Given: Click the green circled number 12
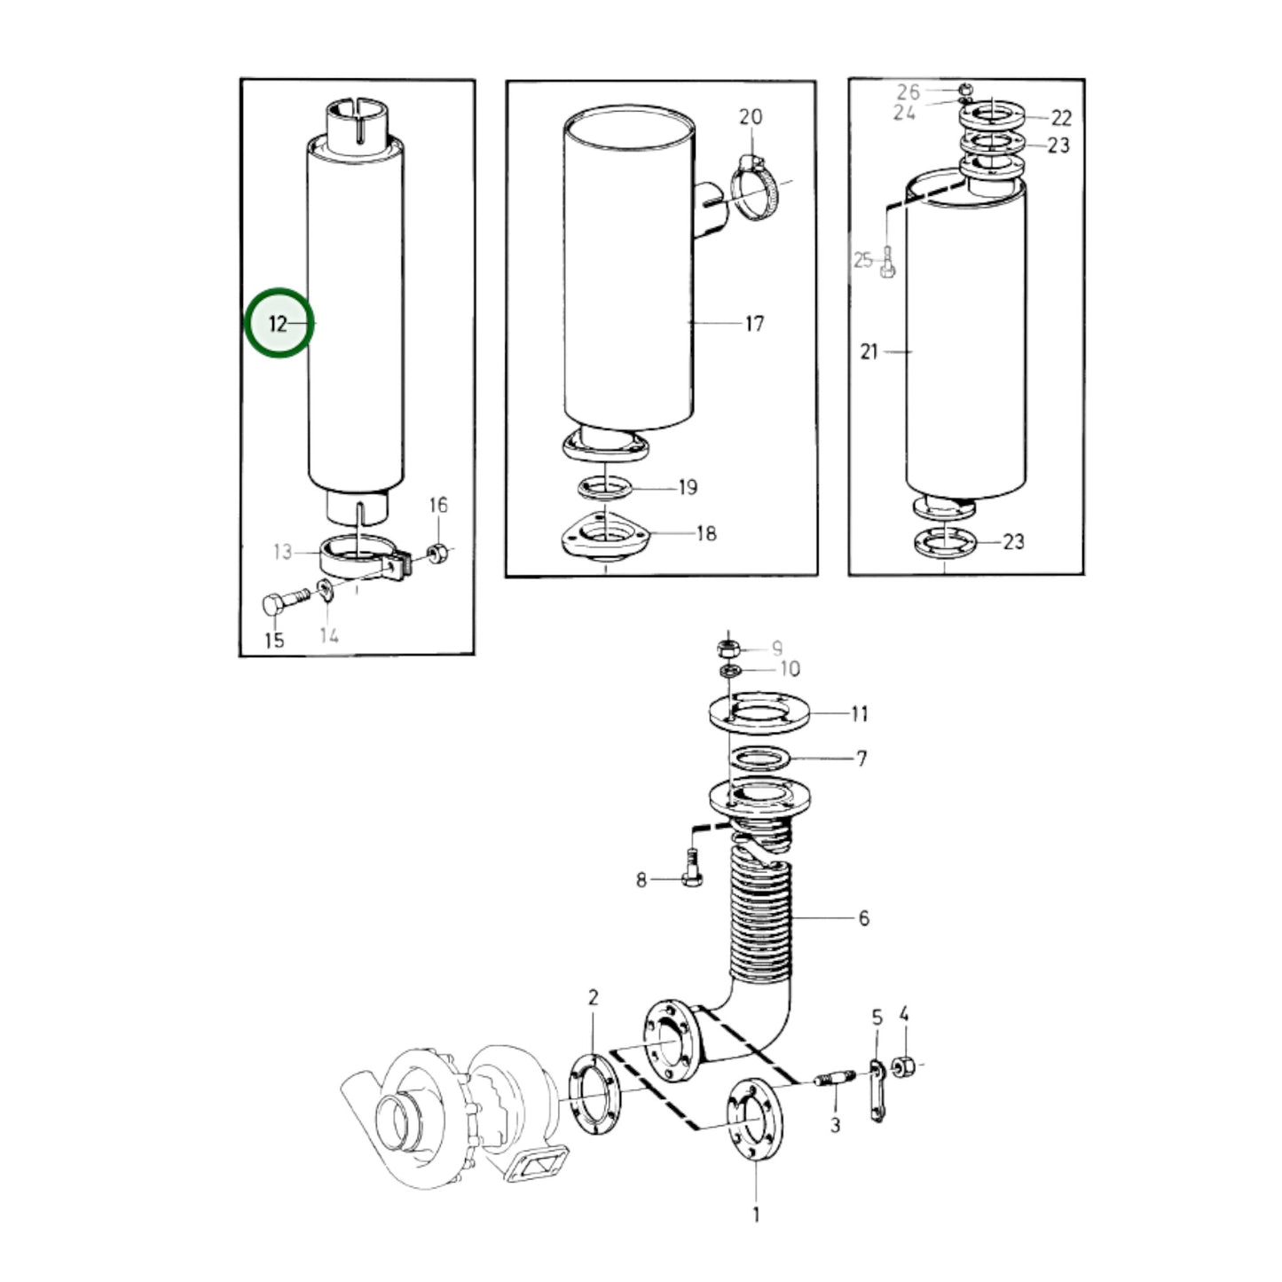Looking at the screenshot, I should tap(279, 324).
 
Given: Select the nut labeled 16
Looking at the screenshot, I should tap(436, 554).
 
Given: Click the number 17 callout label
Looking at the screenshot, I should tap(754, 324).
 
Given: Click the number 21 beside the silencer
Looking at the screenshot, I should tap(869, 352).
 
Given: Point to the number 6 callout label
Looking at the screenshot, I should tap(863, 918).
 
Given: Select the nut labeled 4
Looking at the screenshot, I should tap(904, 1064).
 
